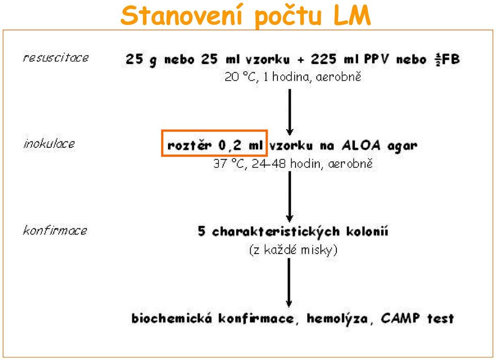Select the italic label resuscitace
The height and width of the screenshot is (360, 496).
point(56,57)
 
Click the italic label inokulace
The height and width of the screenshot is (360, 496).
point(50,144)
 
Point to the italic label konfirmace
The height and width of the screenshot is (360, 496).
point(55,230)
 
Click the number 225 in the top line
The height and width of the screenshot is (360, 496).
point(323,59)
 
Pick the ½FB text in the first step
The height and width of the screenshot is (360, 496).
point(447,59)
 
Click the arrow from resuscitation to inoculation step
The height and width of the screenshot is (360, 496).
point(289,112)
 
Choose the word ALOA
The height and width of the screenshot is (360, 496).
point(361,145)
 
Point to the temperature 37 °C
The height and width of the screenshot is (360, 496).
point(229,164)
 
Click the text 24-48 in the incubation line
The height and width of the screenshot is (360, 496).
point(269,164)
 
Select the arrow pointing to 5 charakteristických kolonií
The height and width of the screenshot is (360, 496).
point(289,196)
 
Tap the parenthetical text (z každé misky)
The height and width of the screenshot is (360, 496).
point(293,250)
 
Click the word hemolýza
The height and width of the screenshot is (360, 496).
point(337,318)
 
